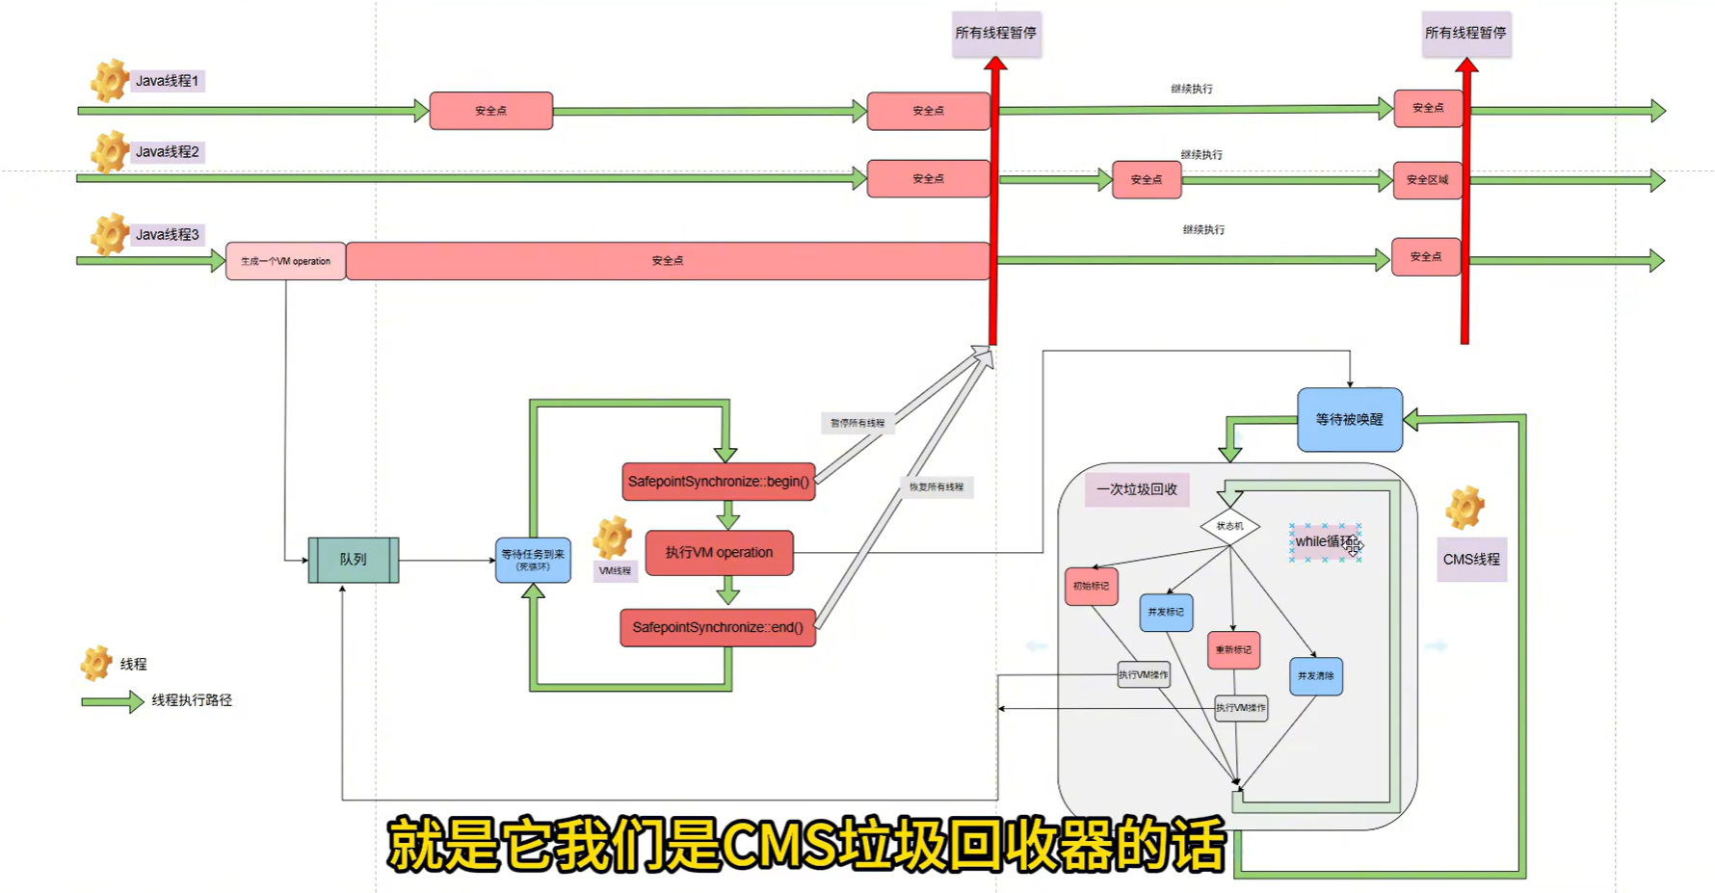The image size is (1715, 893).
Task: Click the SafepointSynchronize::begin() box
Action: pos(719,482)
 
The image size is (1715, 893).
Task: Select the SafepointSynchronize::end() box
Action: pos(718,627)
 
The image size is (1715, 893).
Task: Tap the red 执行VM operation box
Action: pos(719,553)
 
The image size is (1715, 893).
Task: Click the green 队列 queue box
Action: pos(353,560)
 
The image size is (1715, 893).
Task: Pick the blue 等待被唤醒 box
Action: pos(1349,420)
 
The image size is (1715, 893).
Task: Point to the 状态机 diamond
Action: pos(1229,526)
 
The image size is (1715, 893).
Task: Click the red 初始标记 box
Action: pos(1091,586)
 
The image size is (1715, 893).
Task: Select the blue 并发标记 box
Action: pos(1166,613)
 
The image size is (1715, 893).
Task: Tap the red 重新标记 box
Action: pos(1233,650)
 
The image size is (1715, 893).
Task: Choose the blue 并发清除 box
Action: pos(1315,676)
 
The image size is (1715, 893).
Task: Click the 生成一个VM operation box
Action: pos(285,261)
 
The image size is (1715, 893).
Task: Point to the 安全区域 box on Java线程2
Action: pos(1427,180)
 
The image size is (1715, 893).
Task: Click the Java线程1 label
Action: pos(167,81)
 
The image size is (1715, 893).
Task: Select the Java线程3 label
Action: pos(167,235)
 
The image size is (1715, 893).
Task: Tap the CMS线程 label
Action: pos(1471,560)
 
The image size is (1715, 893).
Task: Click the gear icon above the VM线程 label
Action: pos(613,538)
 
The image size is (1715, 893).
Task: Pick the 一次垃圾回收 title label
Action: pos(1137,489)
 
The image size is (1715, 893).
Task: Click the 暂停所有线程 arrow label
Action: pos(857,423)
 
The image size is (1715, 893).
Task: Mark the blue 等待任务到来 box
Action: pos(533,561)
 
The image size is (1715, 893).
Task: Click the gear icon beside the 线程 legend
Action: pos(96,663)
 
